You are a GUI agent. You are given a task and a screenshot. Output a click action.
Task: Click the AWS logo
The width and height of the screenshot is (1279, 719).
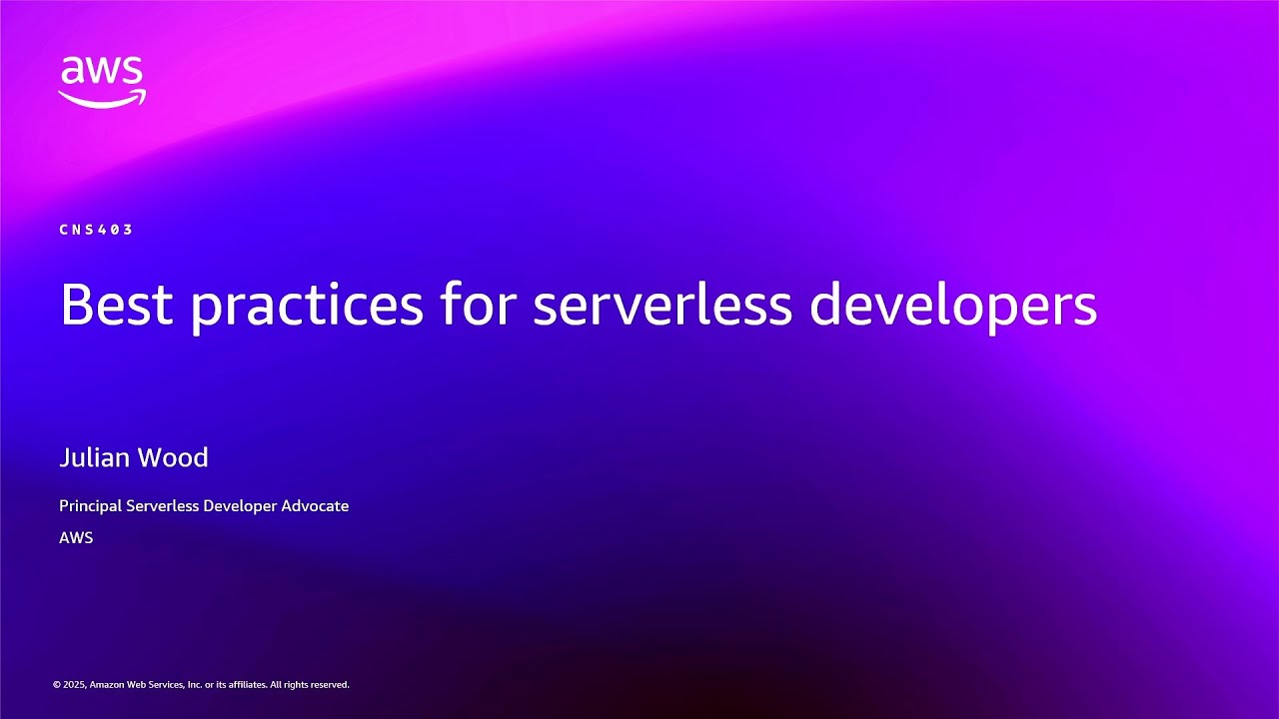coord(102,80)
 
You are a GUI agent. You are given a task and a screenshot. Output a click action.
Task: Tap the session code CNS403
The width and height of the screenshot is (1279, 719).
coord(96,230)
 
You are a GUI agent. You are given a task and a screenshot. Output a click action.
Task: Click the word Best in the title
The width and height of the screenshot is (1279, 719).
coord(117,305)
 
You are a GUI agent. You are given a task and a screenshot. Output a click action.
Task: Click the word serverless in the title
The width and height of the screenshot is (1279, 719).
coord(662,305)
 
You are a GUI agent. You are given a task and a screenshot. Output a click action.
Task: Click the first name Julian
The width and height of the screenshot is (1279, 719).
coord(94,457)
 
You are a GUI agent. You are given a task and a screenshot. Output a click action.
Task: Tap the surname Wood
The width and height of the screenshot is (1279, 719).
coord(172,457)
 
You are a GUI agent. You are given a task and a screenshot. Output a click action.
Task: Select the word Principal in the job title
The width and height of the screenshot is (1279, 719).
coord(90,506)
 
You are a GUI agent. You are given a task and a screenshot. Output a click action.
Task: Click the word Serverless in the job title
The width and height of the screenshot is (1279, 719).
coord(162,506)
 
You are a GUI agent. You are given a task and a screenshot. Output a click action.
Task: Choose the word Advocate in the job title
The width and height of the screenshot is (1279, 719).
coord(315,506)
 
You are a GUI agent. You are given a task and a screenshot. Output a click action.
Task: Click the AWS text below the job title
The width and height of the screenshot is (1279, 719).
coord(76,537)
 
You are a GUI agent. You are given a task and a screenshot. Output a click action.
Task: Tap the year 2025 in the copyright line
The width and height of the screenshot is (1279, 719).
coord(74,685)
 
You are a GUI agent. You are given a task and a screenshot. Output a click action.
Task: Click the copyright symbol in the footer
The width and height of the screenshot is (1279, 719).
coord(56,685)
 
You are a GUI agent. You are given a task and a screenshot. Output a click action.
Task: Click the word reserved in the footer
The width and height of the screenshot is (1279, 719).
coord(329,685)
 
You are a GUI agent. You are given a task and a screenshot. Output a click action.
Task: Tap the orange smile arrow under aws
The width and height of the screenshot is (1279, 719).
coord(102,99)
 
